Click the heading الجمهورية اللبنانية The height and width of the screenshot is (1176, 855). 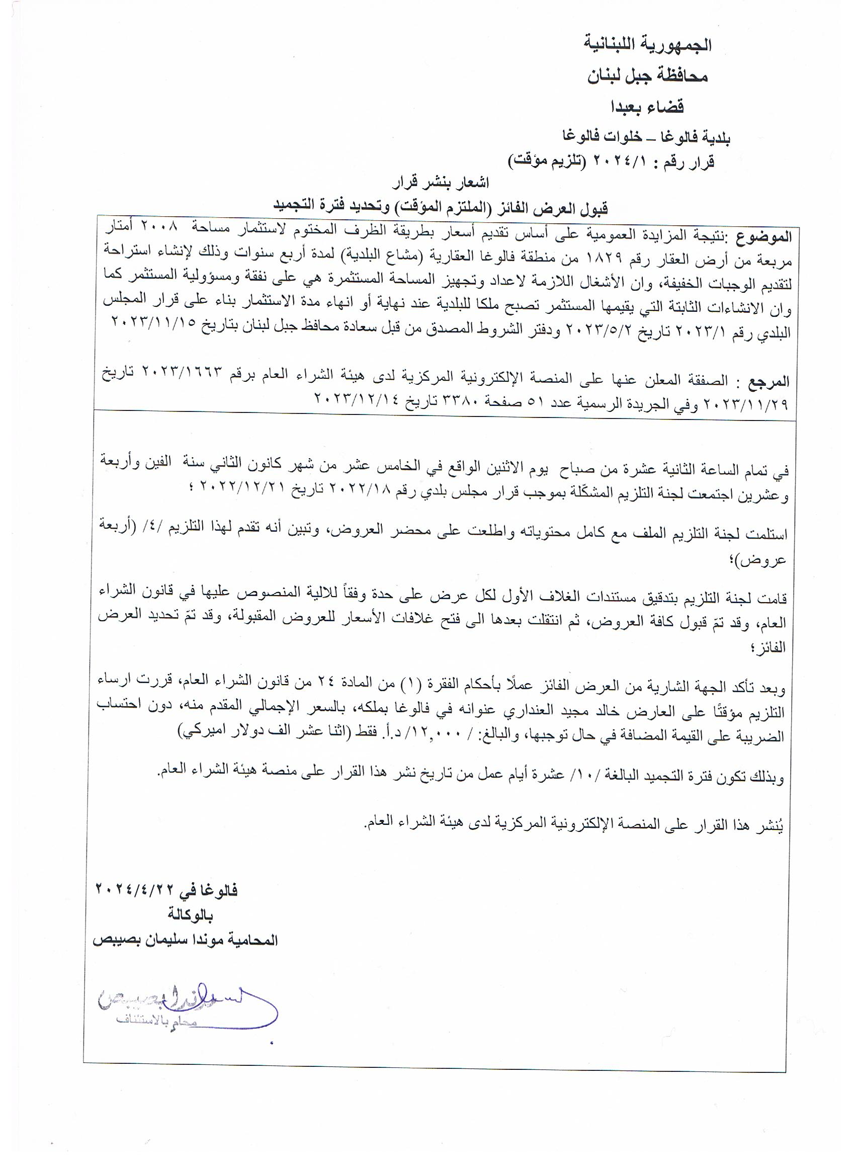click(648, 46)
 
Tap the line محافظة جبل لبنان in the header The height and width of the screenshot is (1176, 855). click(648, 77)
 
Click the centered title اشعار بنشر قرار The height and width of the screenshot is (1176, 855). click(440, 184)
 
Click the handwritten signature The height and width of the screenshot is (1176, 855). click(187, 1007)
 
